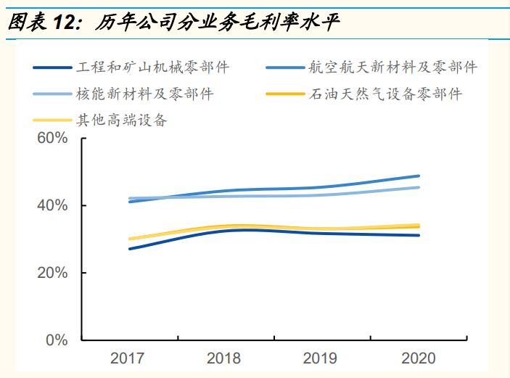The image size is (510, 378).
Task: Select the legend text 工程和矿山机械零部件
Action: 153,68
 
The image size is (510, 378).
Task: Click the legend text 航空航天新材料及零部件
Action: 392,68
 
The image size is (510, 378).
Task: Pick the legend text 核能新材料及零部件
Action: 145,94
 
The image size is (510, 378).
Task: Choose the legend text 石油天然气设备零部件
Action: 385,94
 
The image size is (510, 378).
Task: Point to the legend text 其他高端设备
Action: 121,120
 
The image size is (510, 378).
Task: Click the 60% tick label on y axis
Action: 52,139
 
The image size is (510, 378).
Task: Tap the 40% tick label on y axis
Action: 52,206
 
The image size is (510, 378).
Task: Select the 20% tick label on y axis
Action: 52,274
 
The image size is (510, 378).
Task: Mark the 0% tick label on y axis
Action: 57,340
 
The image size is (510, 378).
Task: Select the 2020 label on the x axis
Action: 419,358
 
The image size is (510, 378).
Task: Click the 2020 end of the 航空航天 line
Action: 419,176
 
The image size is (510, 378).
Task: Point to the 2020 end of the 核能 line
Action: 419,187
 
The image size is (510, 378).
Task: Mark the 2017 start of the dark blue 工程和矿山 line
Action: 130,249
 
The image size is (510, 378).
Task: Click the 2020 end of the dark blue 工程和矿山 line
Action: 419,235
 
